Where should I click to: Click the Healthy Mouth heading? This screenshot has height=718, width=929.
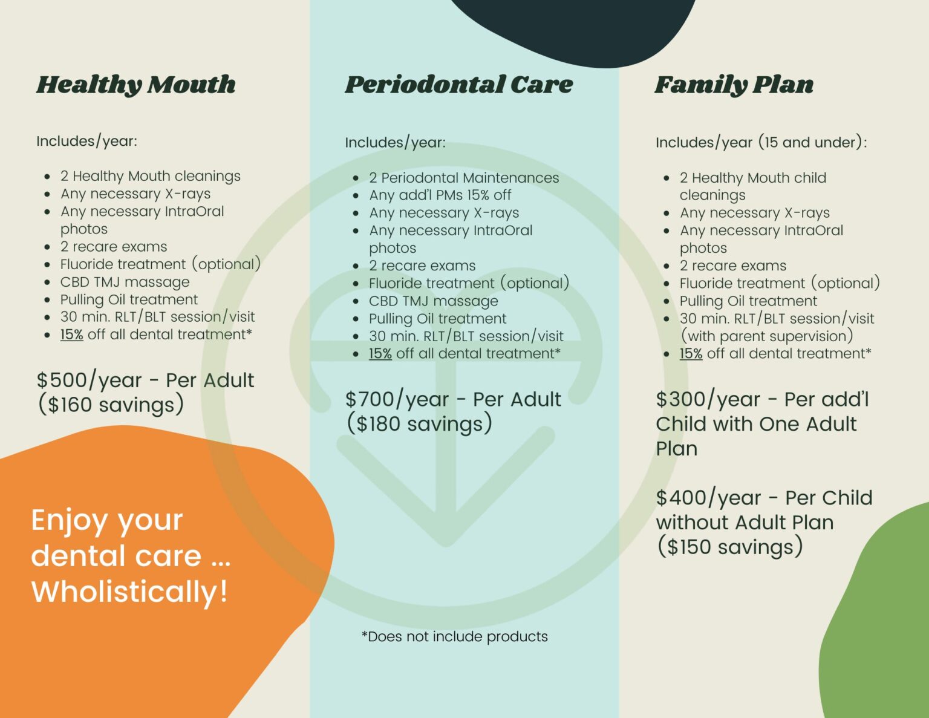click(136, 85)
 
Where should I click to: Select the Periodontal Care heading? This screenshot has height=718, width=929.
click(458, 85)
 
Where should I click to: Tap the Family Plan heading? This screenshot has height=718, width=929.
click(734, 85)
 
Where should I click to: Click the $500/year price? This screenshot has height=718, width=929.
click(89, 380)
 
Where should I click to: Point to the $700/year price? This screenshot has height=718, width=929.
click(397, 400)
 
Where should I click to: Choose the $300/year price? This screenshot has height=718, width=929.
click(708, 400)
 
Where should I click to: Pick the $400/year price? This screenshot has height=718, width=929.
click(708, 498)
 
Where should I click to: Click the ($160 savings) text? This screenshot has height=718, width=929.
click(111, 405)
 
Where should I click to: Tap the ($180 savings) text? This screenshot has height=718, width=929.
click(419, 424)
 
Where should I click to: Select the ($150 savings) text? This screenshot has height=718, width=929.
click(729, 547)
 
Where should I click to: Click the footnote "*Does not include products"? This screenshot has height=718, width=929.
click(455, 636)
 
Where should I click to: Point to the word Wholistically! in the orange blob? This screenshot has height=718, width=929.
click(130, 592)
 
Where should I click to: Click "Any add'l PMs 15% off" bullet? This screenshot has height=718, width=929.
click(440, 195)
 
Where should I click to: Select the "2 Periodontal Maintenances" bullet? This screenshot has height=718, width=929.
click(464, 178)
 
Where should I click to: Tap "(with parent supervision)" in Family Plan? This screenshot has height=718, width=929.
click(766, 336)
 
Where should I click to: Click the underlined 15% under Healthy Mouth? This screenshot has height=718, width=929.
click(71, 335)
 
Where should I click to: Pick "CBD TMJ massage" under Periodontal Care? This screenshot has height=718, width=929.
click(434, 301)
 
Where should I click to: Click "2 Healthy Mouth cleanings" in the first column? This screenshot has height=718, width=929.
click(150, 176)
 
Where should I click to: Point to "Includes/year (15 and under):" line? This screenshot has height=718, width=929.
click(761, 143)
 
